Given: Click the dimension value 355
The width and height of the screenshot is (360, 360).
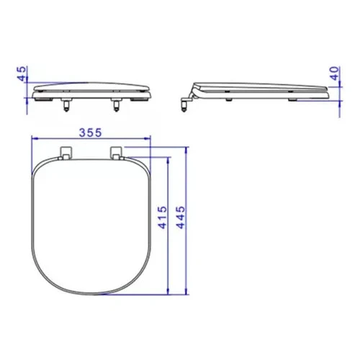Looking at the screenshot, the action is (x=91, y=132).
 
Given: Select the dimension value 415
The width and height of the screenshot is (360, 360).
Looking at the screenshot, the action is (x=163, y=217).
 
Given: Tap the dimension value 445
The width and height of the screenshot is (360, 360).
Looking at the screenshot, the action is (x=181, y=217).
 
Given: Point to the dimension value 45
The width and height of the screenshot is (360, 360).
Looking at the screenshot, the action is (x=22, y=73).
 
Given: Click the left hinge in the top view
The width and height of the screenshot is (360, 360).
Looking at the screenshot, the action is (x=66, y=153).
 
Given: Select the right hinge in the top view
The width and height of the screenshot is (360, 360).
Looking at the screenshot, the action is (x=117, y=153).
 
